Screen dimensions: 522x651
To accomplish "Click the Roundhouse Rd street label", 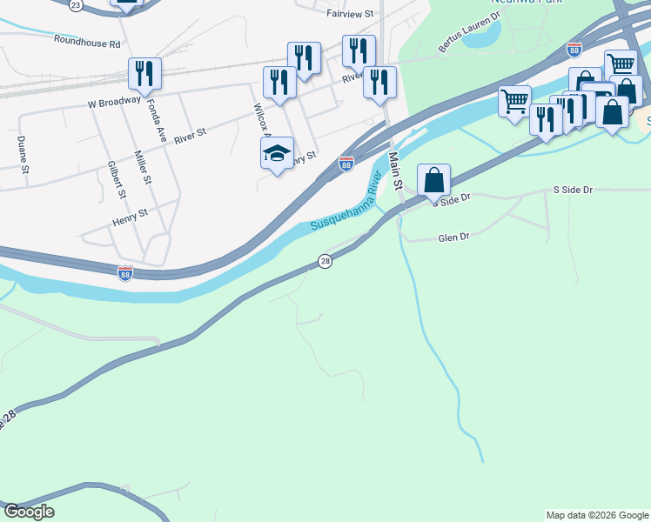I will pos(86,40).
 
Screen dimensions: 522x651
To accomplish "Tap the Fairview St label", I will pos(349,14).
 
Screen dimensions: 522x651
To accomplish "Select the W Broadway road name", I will pos(114,101).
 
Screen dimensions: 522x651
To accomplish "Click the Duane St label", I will pos(23,145).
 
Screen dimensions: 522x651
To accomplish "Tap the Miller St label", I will pos(144,167).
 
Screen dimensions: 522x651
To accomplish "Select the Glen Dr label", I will pos(453,237).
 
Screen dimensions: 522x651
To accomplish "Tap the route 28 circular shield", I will pos(325,261).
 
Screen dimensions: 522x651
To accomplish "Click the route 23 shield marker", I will pos(76,5).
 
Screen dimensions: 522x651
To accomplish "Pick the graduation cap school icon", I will pos(277,153).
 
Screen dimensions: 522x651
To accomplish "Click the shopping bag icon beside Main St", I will pos(434,180).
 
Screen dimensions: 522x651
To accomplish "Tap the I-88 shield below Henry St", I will pos(125,273).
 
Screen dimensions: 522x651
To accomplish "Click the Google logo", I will pos(29,512).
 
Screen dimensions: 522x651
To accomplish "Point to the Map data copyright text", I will pos(596,515).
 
